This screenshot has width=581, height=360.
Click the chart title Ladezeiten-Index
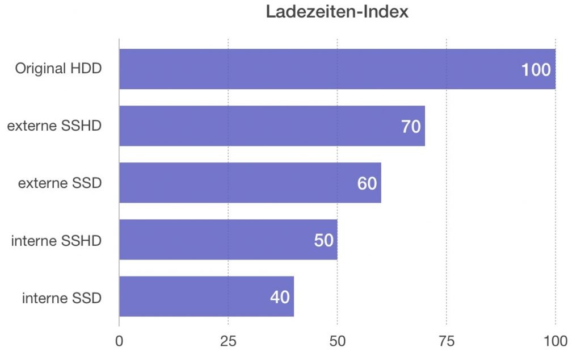pyautogui.click(x=337, y=12)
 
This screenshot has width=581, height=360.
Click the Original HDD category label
pyautogui.click(x=58, y=69)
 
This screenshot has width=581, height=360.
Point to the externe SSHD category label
pyautogui.click(x=54, y=126)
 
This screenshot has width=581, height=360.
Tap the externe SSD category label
pyautogui.click(x=60, y=183)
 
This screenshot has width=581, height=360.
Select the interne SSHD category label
pyautogui.click(x=56, y=240)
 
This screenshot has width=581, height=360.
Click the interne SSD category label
pyautogui.click(x=62, y=297)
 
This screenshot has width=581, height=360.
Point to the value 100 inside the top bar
pyautogui.click(x=536, y=70)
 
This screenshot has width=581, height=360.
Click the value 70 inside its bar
pyautogui.click(x=411, y=127)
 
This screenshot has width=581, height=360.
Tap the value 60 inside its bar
pyautogui.click(x=367, y=183)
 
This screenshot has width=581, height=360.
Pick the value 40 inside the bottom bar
pyautogui.click(x=280, y=297)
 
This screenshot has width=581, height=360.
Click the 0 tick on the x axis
pyautogui.click(x=119, y=341)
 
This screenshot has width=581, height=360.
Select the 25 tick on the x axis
pyautogui.click(x=228, y=341)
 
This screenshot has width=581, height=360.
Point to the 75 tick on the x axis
pyautogui.click(x=447, y=341)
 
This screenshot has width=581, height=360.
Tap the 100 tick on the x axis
pyautogui.click(x=555, y=341)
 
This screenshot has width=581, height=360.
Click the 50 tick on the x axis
pyautogui.click(x=338, y=341)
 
